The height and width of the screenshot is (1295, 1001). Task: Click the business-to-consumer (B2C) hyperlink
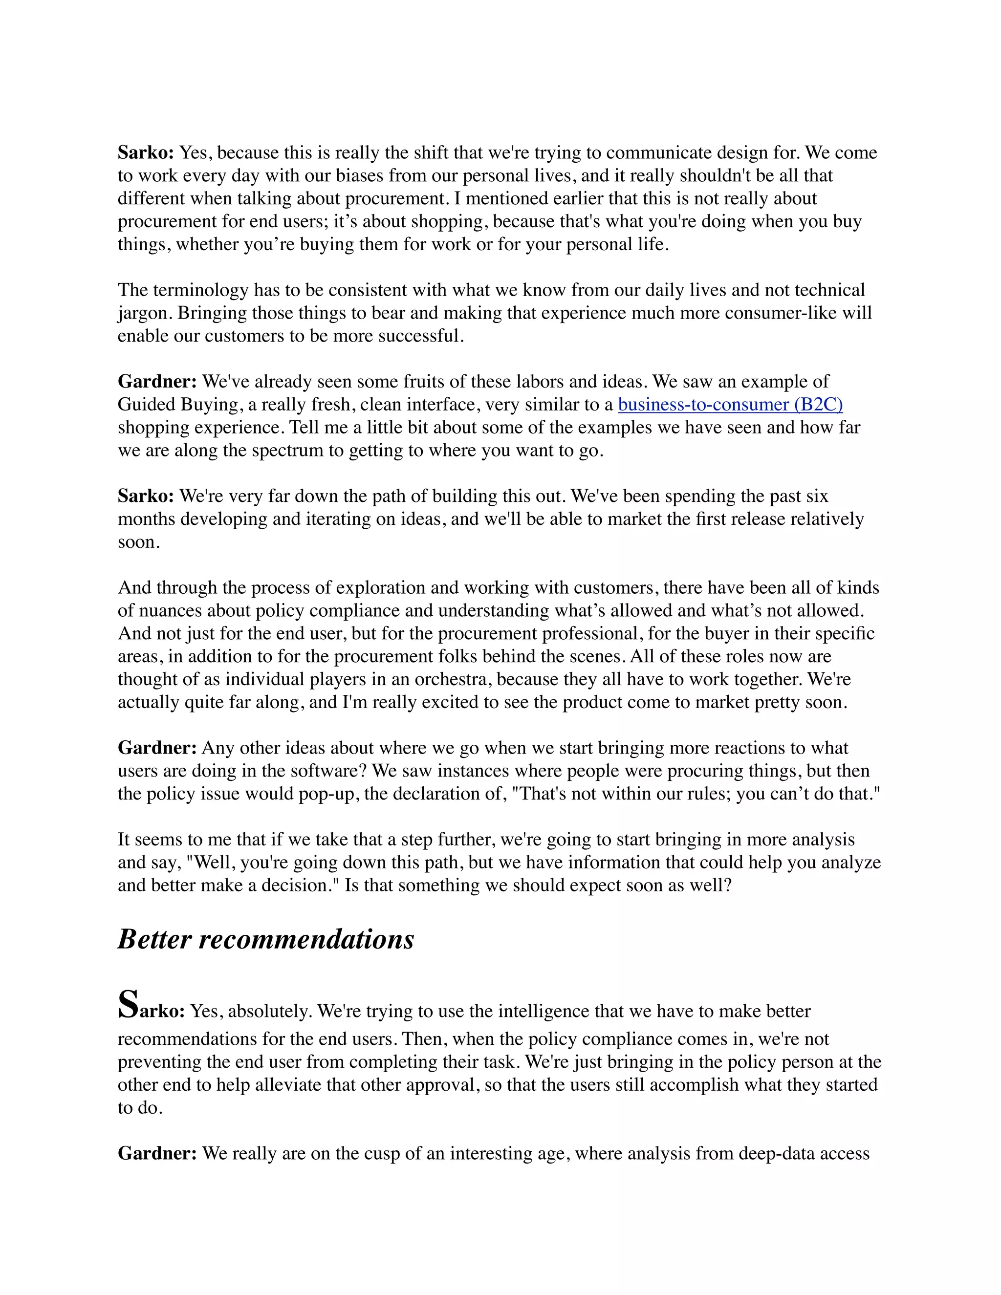click(x=730, y=405)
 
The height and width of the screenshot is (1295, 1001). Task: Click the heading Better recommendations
click(x=266, y=939)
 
